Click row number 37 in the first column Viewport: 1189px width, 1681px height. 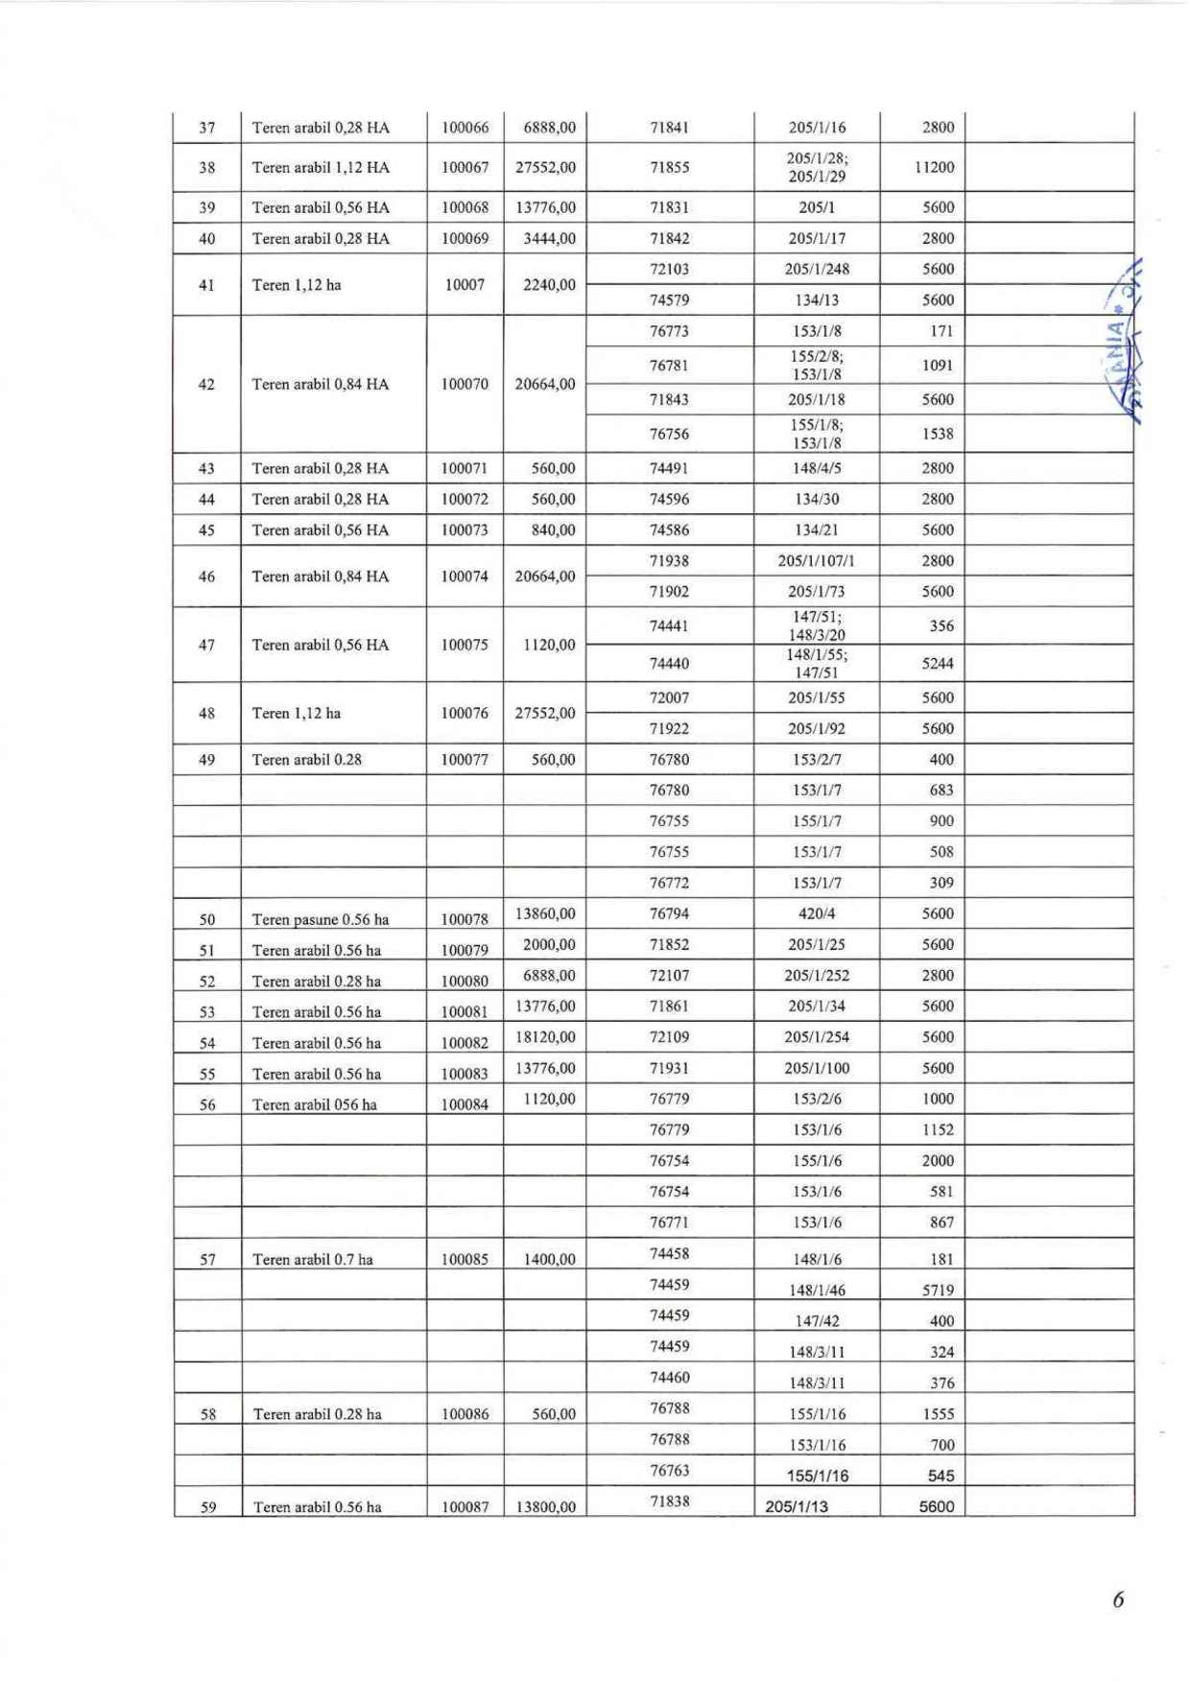[x=207, y=128]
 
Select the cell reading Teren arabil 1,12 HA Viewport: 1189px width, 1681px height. [x=321, y=168]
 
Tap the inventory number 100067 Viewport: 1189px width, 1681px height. [x=464, y=168]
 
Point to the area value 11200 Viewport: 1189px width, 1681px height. [x=934, y=167]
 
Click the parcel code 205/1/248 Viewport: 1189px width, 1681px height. [x=817, y=270]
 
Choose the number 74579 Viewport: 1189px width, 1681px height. [x=669, y=300]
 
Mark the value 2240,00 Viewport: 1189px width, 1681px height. [x=545, y=285]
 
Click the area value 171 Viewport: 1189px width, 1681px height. [x=941, y=331]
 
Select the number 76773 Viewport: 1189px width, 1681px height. [x=669, y=331]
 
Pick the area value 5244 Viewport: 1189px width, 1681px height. [x=938, y=664]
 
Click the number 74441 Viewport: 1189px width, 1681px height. [x=669, y=627]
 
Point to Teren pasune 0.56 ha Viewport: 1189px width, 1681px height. [x=321, y=919]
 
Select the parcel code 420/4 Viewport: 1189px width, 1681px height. [x=817, y=913]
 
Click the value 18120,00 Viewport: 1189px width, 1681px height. [x=545, y=1037]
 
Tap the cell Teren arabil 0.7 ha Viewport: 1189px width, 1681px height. [x=312, y=1260]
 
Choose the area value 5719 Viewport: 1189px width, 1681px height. [x=938, y=1290]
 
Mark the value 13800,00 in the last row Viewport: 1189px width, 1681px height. [x=545, y=1507]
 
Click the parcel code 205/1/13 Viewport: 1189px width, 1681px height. [x=797, y=1506]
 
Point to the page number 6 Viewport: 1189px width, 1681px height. [x=1118, y=1599]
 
